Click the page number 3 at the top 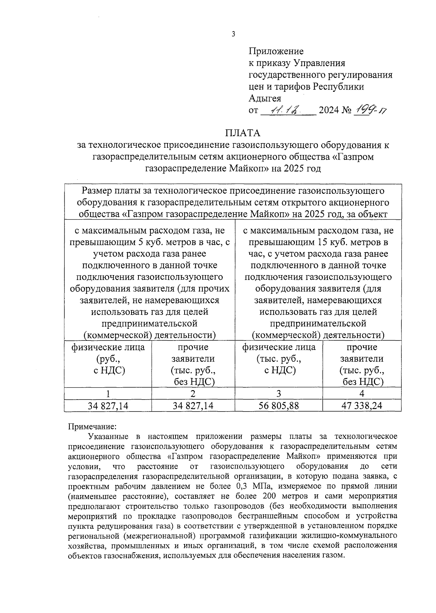point(233,34)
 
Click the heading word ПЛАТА point(242,133)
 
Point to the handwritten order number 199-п point(371,110)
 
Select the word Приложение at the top point(276,51)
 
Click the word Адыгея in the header point(265,98)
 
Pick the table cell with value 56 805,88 point(279,406)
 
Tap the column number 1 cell point(108,394)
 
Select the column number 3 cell point(279,394)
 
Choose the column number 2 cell point(193,394)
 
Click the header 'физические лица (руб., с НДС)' point(108,359)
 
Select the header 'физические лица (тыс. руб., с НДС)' point(279,359)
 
